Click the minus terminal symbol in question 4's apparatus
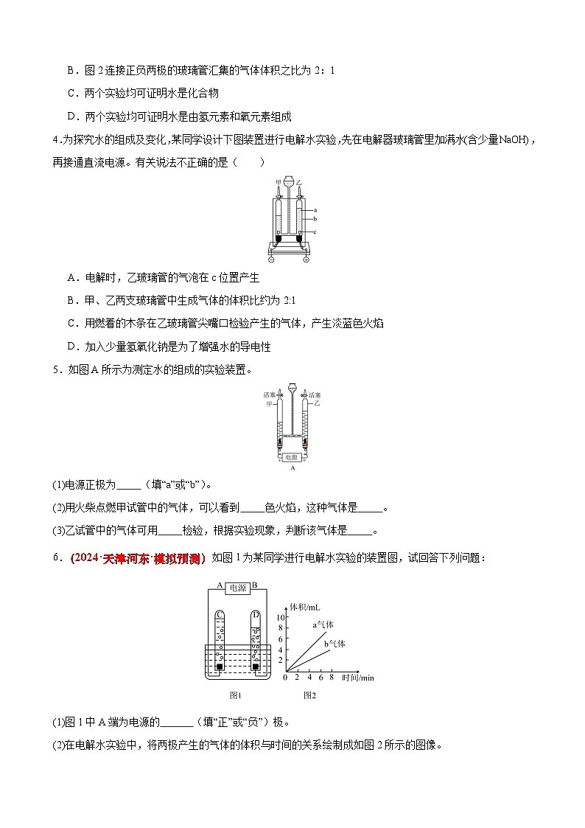[272, 260]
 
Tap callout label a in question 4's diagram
[315, 210]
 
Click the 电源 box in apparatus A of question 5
[292, 457]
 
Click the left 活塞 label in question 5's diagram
[269, 395]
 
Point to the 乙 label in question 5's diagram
[317, 404]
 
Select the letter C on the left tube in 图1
[220, 613]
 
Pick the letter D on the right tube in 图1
[255, 613]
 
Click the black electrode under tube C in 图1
[220, 667]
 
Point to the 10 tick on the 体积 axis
[281, 616]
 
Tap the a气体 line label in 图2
[323, 625]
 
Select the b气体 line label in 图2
[335, 644]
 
